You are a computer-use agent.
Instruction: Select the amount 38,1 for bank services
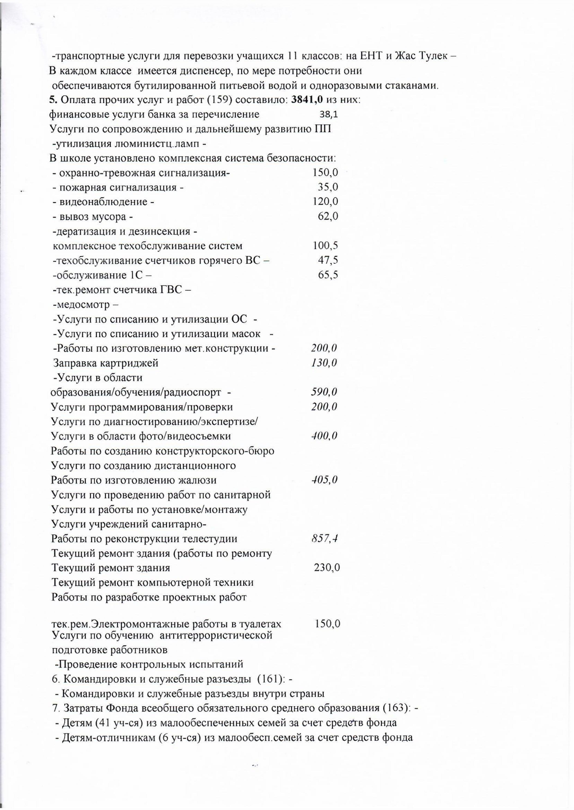(x=328, y=115)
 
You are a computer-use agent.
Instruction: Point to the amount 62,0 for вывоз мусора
(x=328, y=216)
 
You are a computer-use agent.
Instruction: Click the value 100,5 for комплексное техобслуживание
(x=325, y=245)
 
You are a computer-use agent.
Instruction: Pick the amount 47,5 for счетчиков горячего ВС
(x=328, y=260)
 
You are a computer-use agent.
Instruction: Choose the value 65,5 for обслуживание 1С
(x=328, y=275)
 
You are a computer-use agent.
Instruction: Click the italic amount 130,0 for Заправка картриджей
(x=324, y=363)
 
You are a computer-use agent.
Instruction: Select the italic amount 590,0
(x=324, y=392)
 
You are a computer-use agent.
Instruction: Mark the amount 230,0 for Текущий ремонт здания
(x=327, y=568)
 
